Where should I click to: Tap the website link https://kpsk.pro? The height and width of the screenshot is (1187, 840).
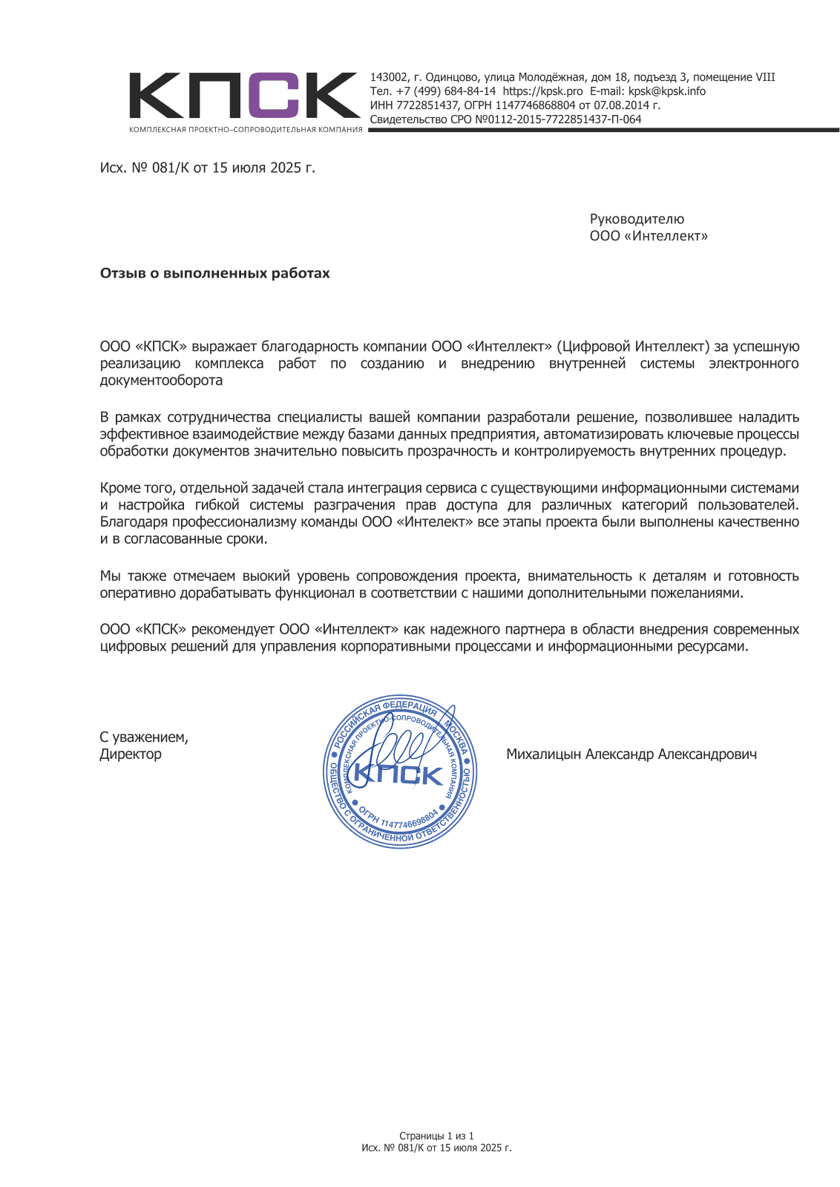tap(542, 91)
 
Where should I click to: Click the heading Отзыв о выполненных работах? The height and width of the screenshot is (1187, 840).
tap(215, 273)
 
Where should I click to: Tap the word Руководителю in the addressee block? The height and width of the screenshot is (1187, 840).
tap(637, 219)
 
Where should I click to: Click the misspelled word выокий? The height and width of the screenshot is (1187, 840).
tap(266, 576)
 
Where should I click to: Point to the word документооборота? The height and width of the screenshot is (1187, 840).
tap(161, 381)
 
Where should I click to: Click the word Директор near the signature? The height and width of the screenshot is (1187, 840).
tap(131, 754)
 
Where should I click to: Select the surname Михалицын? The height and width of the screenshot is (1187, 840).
tap(544, 754)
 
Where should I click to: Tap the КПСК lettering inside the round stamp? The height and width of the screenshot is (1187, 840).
tap(398, 775)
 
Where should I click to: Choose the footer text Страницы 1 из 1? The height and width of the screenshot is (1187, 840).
tap(436, 1136)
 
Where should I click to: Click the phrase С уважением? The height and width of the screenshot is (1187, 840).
tap(144, 737)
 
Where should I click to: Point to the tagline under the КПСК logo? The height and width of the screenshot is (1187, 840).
tap(246, 130)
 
